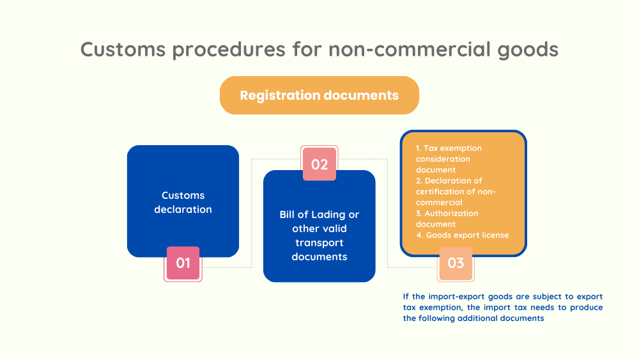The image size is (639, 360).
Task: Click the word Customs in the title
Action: (123, 49)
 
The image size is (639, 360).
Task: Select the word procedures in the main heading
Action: (229, 50)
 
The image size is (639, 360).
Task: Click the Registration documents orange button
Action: (319, 95)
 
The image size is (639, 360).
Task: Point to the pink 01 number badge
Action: (183, 263)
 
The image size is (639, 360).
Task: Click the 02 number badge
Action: (319, 164)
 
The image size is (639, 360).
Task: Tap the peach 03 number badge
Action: (456, 263)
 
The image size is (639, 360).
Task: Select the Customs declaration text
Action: (183, 202)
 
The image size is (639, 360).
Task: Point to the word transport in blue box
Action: (319, 243)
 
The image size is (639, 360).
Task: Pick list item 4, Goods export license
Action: (463, 235)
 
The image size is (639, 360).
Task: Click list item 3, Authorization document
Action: (447, 219)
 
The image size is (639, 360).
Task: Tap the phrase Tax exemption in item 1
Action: (453, 148)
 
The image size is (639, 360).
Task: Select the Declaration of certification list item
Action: (456, 192)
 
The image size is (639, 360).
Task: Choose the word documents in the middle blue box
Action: (319, 257)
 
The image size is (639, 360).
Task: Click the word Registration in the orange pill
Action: (279, 95)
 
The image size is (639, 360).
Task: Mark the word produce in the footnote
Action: (587, 308)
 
